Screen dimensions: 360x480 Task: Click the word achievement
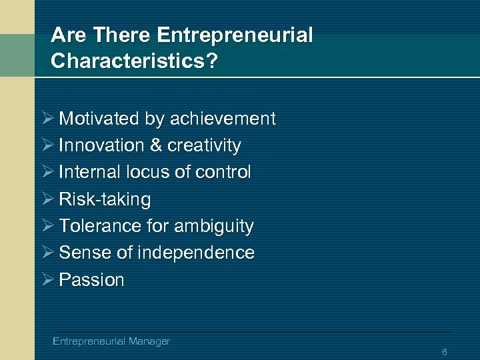click(x=223, y=119)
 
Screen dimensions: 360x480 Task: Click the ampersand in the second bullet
click(x=156, y=145)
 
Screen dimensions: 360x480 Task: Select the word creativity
click(x=204, y=145)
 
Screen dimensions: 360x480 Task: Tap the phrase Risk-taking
click(x=105, y=199)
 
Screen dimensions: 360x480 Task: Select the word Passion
click(x=91, y=280)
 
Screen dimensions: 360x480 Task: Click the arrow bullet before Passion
click(x=46, y=279)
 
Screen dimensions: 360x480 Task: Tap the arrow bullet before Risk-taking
click(x=46, y=199)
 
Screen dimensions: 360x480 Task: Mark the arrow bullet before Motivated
click(x=46, y=118)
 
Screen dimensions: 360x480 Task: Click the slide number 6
click(x=445, y=351)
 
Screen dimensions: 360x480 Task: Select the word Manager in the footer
click(x=149, y=341)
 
